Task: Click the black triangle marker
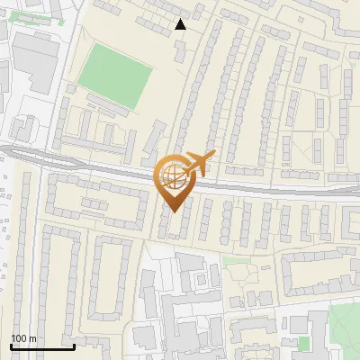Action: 181,24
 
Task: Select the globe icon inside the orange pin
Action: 172,174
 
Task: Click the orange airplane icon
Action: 199,163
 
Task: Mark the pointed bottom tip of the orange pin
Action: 173,211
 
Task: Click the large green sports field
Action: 115,78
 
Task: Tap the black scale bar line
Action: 41,346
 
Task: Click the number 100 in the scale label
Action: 19,338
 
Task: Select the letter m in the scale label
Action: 32,338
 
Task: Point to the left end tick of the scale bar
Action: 10,345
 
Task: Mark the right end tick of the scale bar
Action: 74,345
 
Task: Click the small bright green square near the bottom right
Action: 303,343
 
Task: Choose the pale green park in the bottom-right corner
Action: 344,328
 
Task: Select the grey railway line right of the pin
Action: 270,188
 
